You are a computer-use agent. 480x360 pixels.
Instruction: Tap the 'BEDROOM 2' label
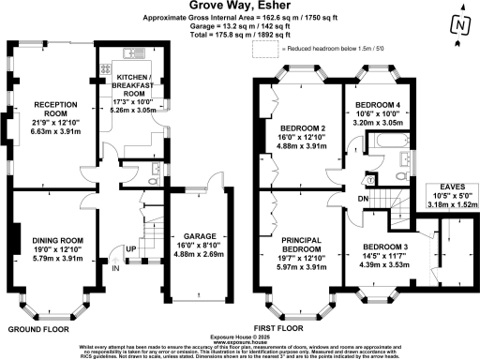click(x=299, y=128)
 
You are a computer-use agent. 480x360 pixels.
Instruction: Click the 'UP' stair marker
click(x=130, y=249)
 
